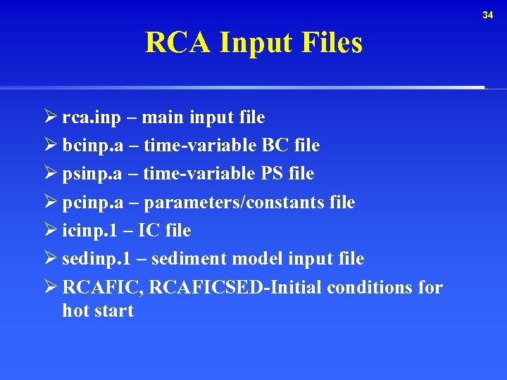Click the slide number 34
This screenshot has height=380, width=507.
click(488, 15)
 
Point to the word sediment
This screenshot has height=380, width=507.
click(184, 259)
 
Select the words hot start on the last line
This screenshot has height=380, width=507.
click(98, 311)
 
